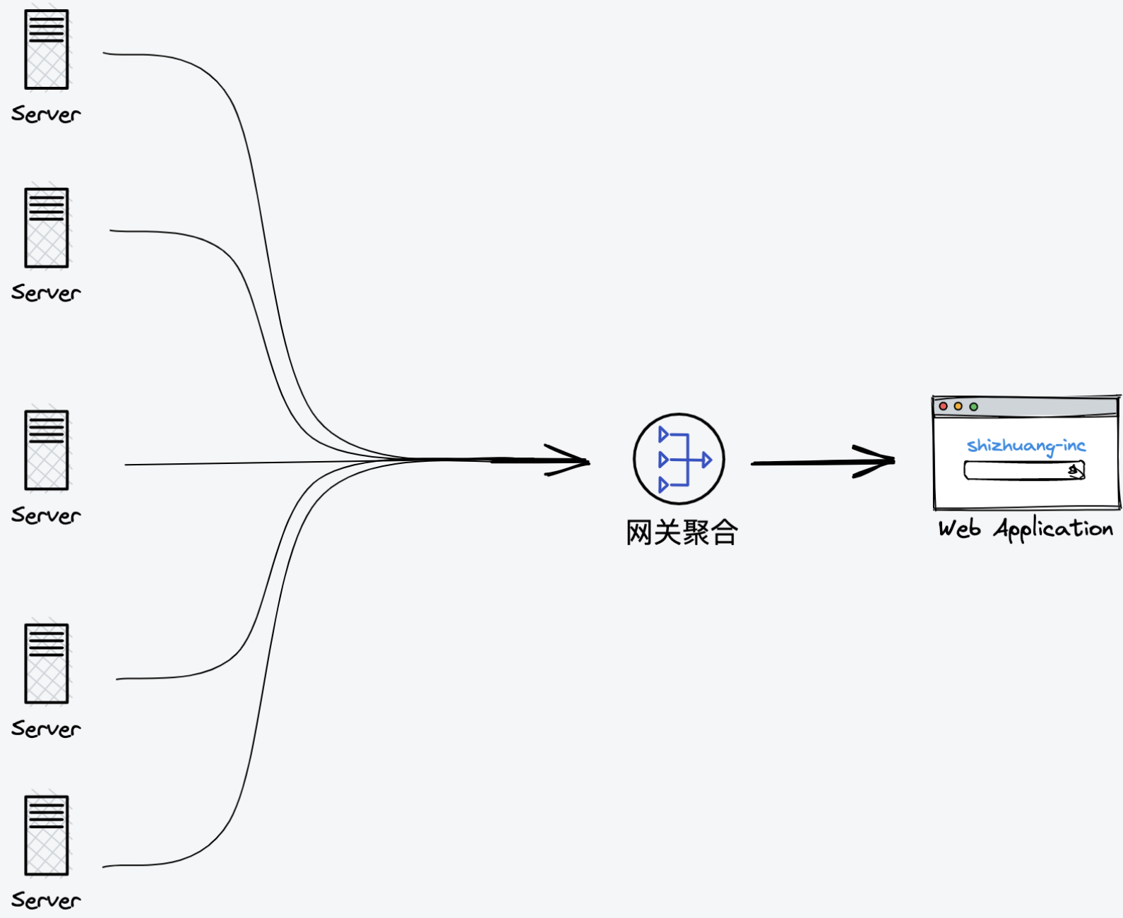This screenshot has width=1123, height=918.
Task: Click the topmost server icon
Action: tap(47, 49)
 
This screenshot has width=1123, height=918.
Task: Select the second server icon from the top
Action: tap(47, 227)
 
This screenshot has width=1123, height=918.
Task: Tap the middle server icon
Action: tap(47, 450)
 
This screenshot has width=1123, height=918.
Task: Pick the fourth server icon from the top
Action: tap(47, 664)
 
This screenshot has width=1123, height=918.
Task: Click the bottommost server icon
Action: tap(47, 835)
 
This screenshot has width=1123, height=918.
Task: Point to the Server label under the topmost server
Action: tap(46, 114)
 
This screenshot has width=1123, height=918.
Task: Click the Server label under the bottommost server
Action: tap(46, 900)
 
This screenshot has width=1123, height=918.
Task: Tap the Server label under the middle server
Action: tap(46, 515)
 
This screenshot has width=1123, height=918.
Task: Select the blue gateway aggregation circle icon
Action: tap(679, 459)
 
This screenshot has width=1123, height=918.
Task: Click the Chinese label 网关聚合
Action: tap(682, 532)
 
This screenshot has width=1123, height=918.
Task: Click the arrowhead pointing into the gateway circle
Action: tap(568, 460)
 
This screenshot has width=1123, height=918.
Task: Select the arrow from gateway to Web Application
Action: tap(824, 463)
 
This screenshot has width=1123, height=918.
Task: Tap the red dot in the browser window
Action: tap(943, 406)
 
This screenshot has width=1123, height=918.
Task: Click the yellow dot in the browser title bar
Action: tap(958, 406)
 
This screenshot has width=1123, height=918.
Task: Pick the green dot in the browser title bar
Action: tap(973, 407)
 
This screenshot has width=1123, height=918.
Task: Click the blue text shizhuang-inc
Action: tap(1026, 446)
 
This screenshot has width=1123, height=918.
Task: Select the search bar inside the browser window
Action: tap(1025, 470)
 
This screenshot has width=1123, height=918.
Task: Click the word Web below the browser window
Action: tap(960, 529)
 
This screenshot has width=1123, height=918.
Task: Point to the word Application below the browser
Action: tap(1054, 530)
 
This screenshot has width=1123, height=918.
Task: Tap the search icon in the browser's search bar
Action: tap(1075, 470)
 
